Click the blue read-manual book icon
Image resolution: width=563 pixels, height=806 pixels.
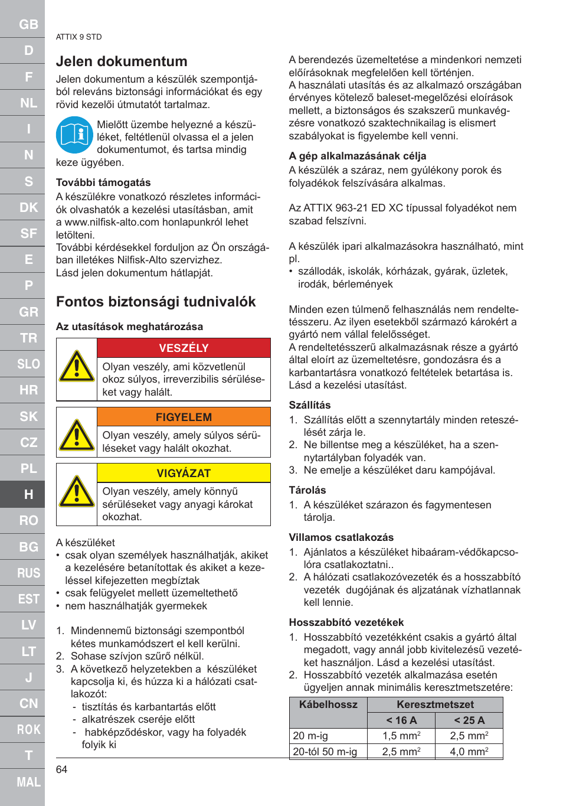pyautogui.click(x=74, y=135)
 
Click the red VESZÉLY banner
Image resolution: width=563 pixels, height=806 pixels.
pyautogui.click(x=184, y=348)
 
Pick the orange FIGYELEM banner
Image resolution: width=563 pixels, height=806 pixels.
pyautogui.click(x=184, y=417)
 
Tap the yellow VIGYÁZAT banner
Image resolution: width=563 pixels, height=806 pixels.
pyautogui.click(x=184, y=473)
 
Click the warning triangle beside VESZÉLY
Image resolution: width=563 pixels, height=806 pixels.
pyautogui.click(x=77, y=367)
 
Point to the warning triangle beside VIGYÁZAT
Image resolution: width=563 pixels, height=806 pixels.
pyautogui.click(x=77, y=492)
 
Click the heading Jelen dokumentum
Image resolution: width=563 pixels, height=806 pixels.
pyautogui.click(x=122, y=61)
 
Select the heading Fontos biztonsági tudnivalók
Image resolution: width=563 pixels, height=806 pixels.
pyautogui.click(x=156, y=302)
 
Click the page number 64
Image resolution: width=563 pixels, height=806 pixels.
pyautogui.click(x=61, y=769)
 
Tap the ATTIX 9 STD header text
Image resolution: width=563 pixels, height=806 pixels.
pyautogui.click(x=78, y=37)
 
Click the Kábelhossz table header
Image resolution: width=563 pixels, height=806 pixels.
pyautogui.click(x=328, y=704)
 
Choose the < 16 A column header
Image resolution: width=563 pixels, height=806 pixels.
pyautogui.click(x=401, y=720)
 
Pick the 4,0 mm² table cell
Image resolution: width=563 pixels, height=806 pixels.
pyautogui.click(x=469, y=752)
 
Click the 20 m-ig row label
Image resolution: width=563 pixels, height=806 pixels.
pyautogui.click(x=310, y=736)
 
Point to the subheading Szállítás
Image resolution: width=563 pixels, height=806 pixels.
pyautogui.click(x=310, y=405)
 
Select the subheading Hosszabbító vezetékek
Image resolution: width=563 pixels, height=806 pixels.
pyautogui.click(x=346, y=622)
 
